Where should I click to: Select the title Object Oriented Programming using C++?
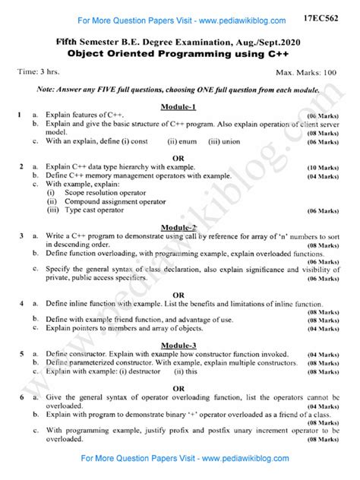(x=180, y=54)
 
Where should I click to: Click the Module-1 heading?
(x=181, y=106)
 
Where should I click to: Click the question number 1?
(x=17, y=114)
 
